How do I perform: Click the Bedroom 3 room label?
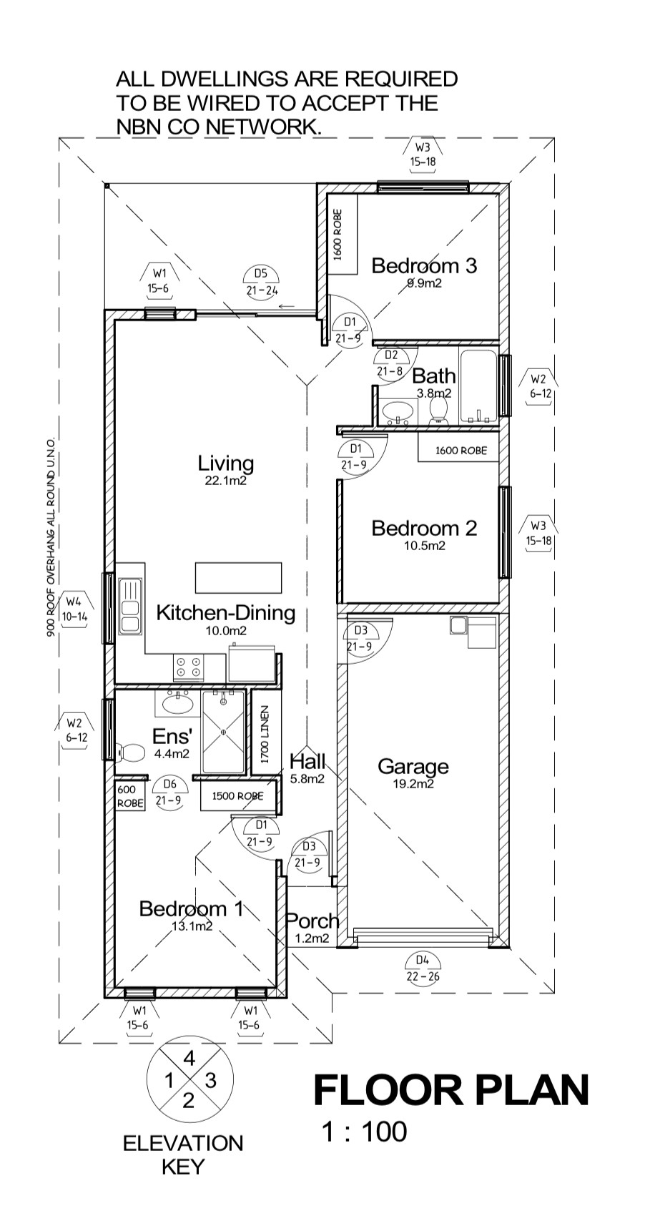tap(424, 265)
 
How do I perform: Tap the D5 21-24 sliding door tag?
tap(262, 282)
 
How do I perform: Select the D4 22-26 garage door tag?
tap(423, 969)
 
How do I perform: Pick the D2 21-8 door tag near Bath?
tap(390, 363)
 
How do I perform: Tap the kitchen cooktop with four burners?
tap(188, 667)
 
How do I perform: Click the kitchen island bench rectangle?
tap(239, 578)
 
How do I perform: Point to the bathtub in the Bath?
tap(478, 386)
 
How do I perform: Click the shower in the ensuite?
tap(223, 732)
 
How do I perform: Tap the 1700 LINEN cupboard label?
tap(265, 735)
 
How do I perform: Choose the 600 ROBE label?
tap(130, 797)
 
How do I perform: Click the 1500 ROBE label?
tap(238, 796)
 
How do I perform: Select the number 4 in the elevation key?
tap(189, 1058)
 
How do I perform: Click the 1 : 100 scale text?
tap(365, 1132)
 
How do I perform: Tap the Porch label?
tap(312, 921)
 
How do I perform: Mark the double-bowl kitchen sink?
tap(131, 606)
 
